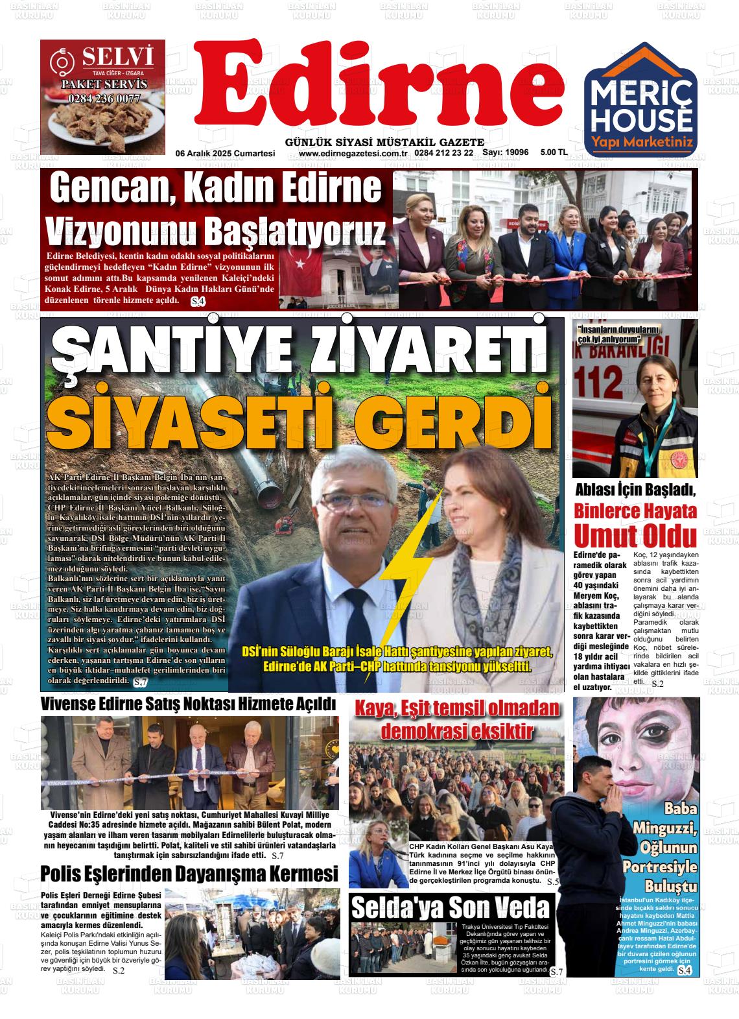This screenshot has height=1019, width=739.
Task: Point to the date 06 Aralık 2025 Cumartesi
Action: (226, 154)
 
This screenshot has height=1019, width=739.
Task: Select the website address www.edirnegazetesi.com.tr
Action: (353, 154)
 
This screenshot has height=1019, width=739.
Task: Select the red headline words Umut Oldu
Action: (635, 536)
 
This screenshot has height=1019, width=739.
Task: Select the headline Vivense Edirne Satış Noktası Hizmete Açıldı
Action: (188, 704)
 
